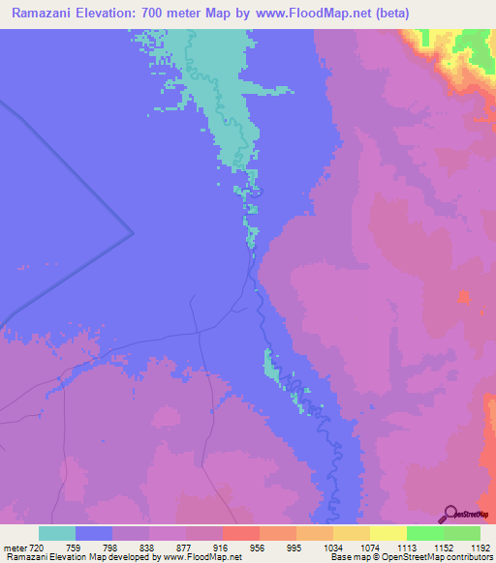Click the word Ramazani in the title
(44, 14)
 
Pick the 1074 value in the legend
(370, 547)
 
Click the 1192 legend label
(480, 547)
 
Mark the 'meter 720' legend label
(22, 547)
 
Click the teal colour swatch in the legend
(57, 533)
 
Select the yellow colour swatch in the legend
(388, 533)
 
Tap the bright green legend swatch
(425, 533)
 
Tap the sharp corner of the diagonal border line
(133, 233)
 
